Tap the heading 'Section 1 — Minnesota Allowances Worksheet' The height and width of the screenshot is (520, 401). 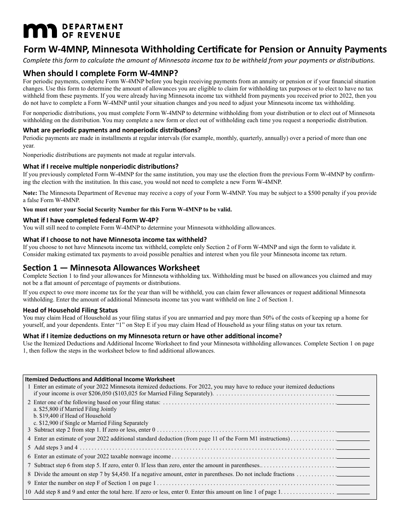(x=111, y=268)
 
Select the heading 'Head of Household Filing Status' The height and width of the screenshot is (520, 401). (x=70, y=310)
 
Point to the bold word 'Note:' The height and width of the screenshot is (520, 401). (x=30, y=193)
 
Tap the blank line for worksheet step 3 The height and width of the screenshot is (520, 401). (x=353, y=430)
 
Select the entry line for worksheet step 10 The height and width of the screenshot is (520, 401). (x=353, y=492)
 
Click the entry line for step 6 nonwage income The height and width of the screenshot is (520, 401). (x=353, y=457)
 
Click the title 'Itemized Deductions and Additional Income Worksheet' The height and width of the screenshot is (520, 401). (x=100, y=379)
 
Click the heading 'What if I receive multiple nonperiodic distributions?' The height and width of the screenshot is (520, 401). (x=100, y=166)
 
